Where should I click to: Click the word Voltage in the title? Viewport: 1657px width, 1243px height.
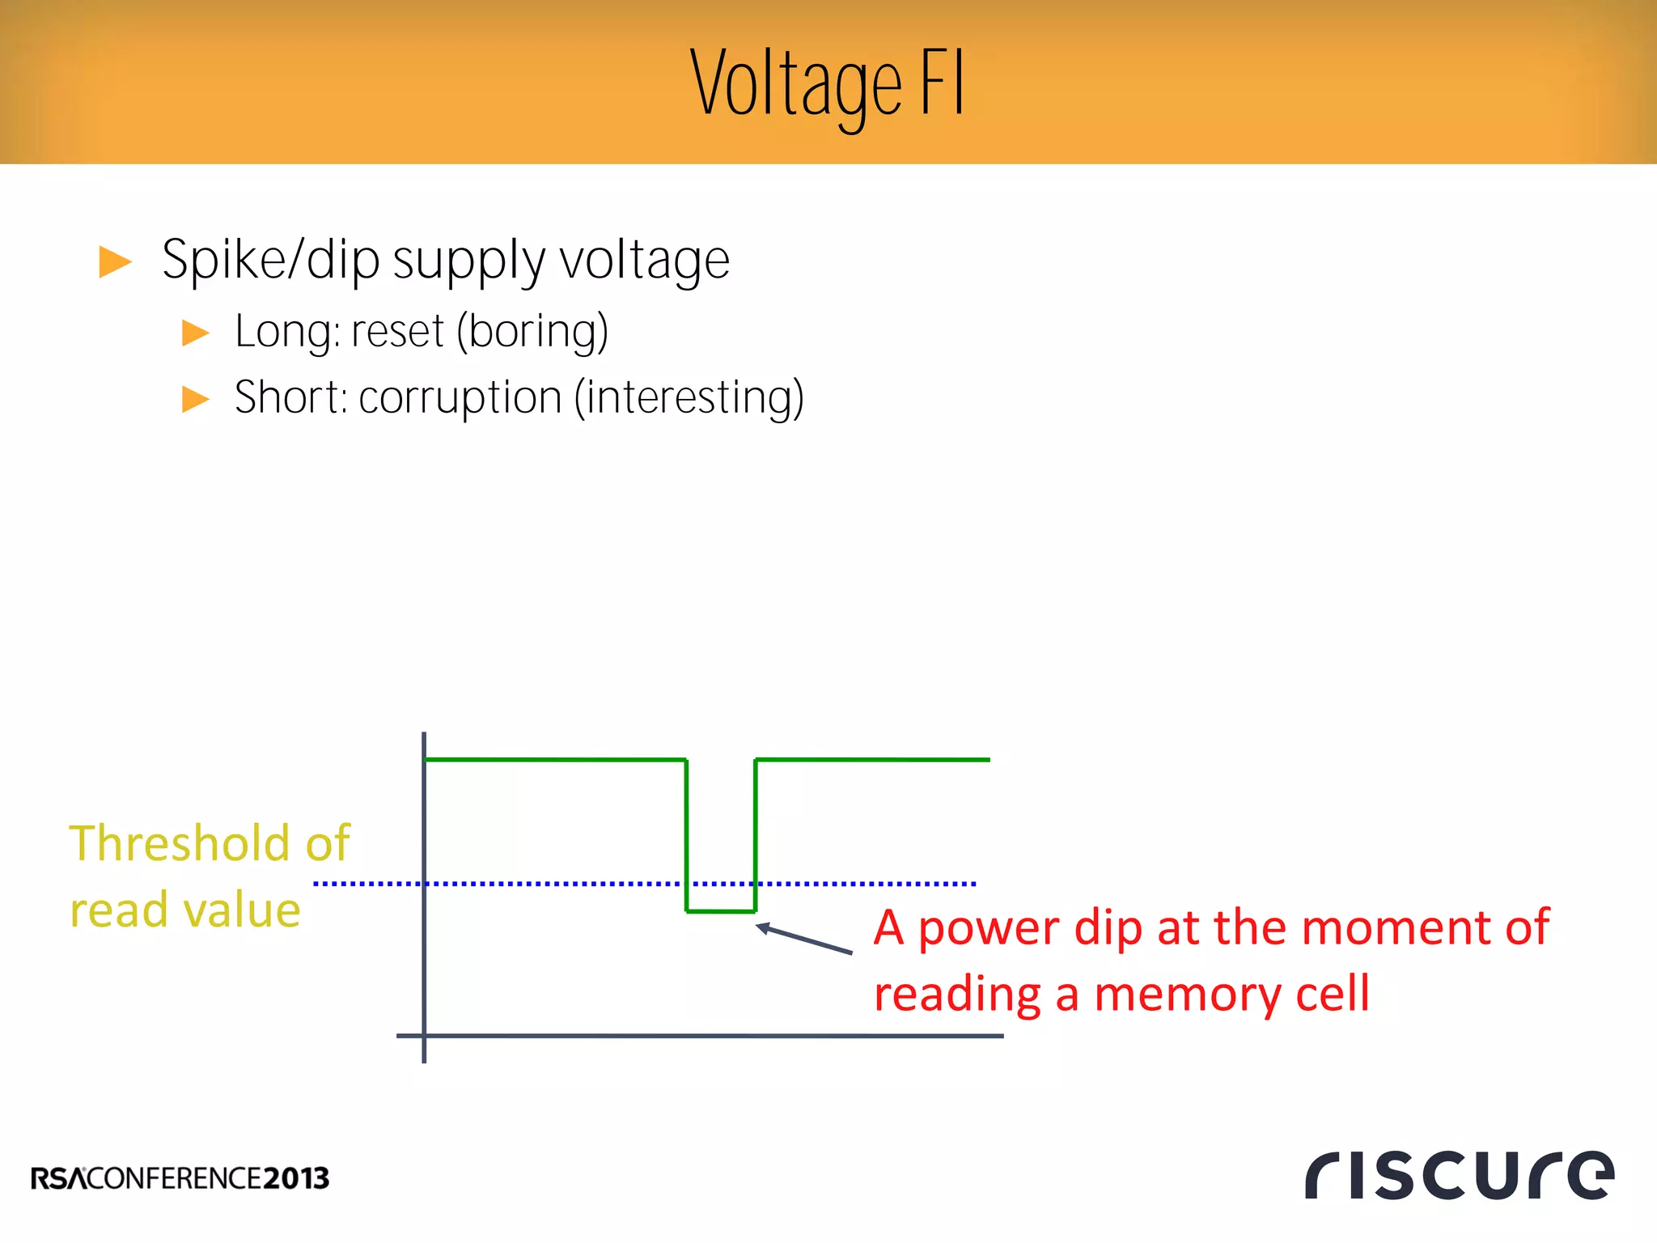click(x=797, y=85)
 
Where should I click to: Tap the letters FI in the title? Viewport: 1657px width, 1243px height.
click(x=943, y=83)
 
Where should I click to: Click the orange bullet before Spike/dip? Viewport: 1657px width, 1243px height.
click(x=114, y=261)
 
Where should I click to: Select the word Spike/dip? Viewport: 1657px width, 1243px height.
click(x=270, y=261)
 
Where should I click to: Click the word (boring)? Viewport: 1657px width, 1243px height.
click(x=532, y=332)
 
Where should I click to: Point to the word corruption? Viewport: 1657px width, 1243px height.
click(x=460, y=398)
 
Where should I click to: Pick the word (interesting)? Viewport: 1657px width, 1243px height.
click(x=689, y=398)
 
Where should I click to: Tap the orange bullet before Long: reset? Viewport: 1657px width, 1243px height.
click(x=195, y=333)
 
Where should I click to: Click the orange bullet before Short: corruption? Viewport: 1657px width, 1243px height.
click(x=195, y=399)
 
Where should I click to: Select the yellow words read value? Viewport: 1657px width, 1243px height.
click(x=185, y=910)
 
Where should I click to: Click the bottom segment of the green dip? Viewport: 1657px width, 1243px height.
click(x=720, y=911)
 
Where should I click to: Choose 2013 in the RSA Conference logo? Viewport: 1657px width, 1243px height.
click(x=296, y=1178)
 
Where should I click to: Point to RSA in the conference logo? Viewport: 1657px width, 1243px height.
click(x=57, y=1178)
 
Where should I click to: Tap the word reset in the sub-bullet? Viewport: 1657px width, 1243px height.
click(x=397, y=332)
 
